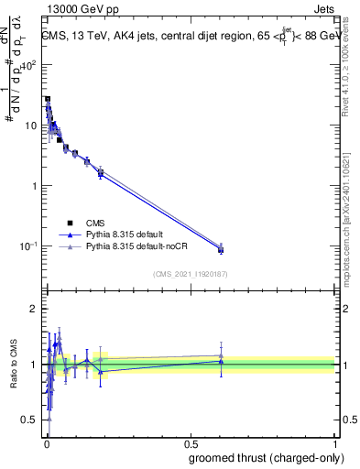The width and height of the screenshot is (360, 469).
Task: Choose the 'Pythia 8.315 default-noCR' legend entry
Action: pyautogui.click(x=124, y=246)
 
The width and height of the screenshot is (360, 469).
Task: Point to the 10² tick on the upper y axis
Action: pyautogui.click(x=30, y=65)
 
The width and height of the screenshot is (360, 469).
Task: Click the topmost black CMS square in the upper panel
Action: pyautogui.click(x=48, y=99)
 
